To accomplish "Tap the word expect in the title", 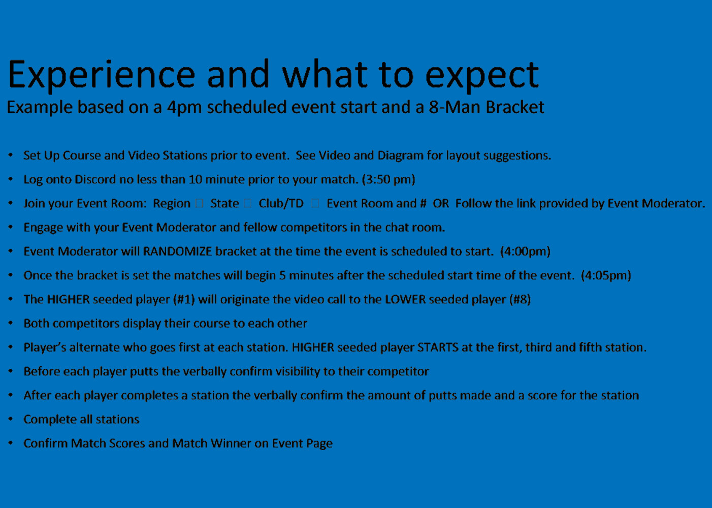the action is tap(482, 77).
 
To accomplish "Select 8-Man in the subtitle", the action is tap(454, 107).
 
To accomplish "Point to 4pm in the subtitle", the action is tap(184, 108).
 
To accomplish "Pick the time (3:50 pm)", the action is tap(389, 180).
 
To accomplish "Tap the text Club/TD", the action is tap(281, 204).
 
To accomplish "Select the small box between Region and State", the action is tap(199, 203).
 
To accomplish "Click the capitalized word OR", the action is tap(440, 204).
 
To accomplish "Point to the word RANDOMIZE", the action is tap(177, 251).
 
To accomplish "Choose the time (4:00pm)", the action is tap(525, 251).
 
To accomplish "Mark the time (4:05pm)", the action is tap(606, 275).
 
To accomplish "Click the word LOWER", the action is tap(405, 299).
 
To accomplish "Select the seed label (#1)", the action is tap(184, 299).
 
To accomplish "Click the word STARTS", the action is tap(438, 347).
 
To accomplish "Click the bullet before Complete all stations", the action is tap(11, 419).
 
